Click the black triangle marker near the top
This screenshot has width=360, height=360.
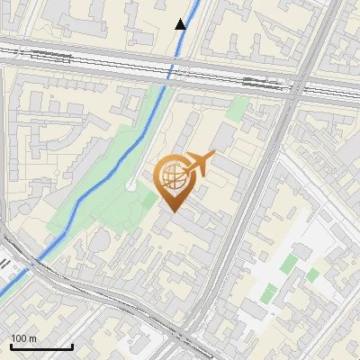(x=181, y=24)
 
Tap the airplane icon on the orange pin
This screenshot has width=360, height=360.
(x=200, y=162)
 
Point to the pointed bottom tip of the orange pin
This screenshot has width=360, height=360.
(x=174, y=212)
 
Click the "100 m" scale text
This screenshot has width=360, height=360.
(x=24, y=338)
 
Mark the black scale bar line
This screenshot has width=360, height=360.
(x=41, y=346)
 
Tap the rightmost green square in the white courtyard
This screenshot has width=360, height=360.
(x=311, y=274)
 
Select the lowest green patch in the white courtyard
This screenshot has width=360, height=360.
(x=268, y=292)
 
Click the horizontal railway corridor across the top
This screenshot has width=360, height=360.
(x=90, y=59)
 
